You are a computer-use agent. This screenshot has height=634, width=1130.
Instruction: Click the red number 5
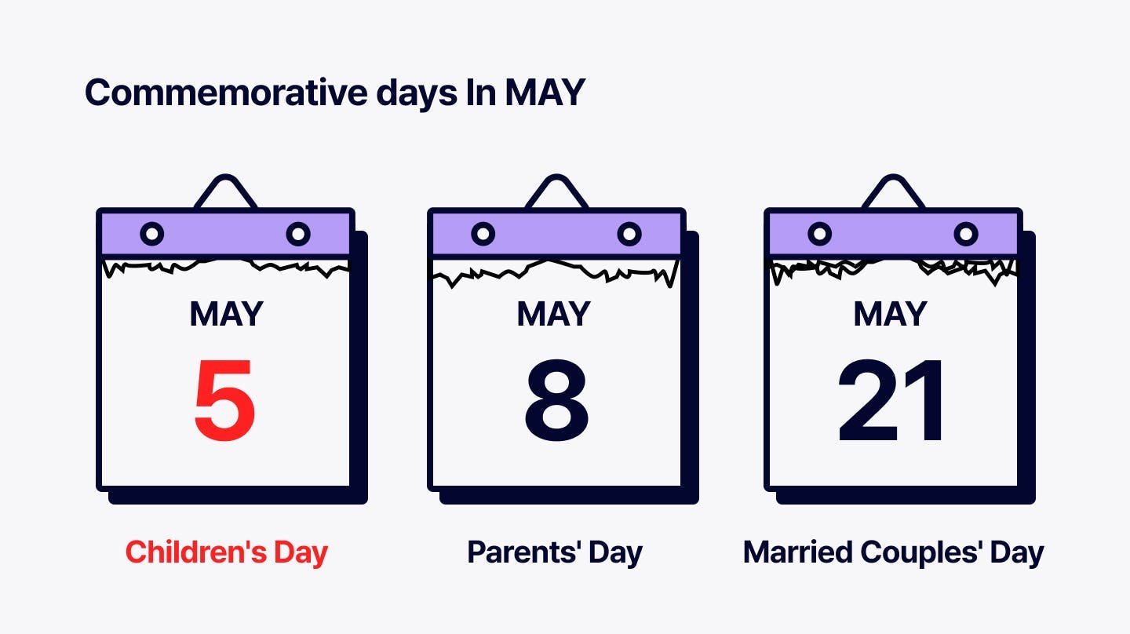(x=224, y=400)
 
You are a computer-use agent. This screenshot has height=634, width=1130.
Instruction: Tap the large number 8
(x=556, y=400)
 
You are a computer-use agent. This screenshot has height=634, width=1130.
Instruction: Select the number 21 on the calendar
(x=891, y=400)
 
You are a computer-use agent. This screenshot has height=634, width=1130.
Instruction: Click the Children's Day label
(x=227, y=552)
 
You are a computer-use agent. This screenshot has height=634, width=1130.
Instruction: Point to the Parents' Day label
(x=555, y=552)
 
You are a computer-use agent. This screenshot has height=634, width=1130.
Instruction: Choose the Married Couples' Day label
(x=893, y=552)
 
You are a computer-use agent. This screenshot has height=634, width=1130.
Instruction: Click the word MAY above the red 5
(x=227, y=314)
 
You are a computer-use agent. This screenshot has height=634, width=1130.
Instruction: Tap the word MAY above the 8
(x=553, y=314)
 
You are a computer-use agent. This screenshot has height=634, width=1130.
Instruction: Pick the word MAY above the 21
(x=891, y=314)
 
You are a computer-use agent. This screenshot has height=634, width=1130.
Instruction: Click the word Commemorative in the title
(x=226, y=93)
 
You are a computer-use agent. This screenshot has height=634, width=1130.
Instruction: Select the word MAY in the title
(x=545, y=93)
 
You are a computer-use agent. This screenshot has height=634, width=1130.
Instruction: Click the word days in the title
(x=417, y=93)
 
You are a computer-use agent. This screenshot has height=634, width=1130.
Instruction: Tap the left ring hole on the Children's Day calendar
(x=152, y=234)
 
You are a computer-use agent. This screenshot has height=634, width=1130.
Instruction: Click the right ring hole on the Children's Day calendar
(x=298, y=234)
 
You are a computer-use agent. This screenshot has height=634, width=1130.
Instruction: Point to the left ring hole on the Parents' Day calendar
(x=483, y=234)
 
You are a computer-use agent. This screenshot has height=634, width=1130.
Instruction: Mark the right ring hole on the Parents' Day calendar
(x=629, y=234)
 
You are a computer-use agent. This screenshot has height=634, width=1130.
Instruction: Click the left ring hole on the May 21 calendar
(x=820, y=234)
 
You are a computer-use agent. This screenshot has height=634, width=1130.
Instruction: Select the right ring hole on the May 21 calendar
(x=966, y=234)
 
